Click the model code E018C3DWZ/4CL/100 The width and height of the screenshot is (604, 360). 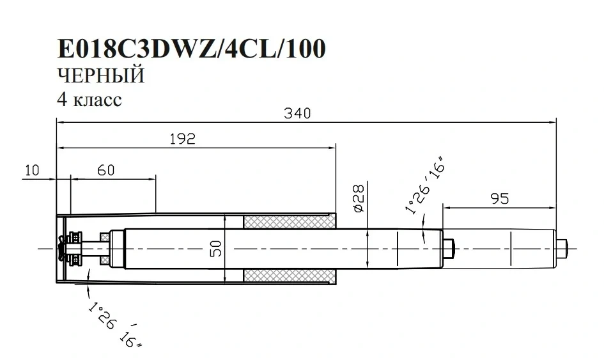192,49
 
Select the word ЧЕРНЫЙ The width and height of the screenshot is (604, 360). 101,75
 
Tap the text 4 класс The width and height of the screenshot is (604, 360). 89,100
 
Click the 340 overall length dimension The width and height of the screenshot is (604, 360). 297,113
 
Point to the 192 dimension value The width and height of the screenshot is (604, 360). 183,139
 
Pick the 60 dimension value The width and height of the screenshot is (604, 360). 106,170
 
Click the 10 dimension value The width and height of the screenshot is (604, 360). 33,170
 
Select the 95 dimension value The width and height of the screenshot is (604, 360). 500,198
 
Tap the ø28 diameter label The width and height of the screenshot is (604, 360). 358,198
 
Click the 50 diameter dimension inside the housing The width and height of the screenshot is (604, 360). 216,249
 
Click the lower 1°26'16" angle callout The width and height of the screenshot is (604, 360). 114,324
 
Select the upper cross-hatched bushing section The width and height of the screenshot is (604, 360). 290,222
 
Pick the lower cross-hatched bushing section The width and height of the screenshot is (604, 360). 290,276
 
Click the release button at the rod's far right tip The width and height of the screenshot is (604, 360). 562,249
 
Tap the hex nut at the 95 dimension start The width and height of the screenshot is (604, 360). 449,249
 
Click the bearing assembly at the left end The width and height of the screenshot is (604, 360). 74,248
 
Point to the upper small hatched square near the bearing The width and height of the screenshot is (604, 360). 104,237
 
